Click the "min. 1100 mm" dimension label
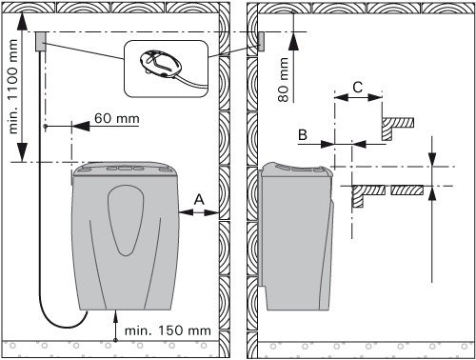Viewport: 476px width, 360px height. (12, 86)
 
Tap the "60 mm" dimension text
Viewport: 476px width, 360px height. (117, 118)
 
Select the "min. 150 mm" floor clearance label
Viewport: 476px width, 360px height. (168, 330)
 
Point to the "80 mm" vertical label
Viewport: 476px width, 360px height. (283, 80)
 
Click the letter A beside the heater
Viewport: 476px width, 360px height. (199, 200)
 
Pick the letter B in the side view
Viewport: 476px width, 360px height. (303, 134)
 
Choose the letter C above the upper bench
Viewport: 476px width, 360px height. (358, 87)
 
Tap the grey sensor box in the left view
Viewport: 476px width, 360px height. (41, 41)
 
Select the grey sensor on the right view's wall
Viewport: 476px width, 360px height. (261, 42)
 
